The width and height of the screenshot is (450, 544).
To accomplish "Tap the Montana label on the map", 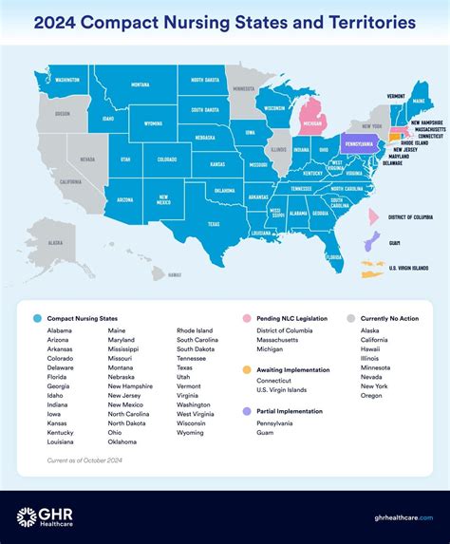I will tap(140, 84).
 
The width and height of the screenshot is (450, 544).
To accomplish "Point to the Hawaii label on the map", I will tap(174, 274).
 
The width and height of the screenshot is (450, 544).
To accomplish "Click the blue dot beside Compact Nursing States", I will tap(36, 318).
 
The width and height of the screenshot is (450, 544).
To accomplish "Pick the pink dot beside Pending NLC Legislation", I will tap(247, 318).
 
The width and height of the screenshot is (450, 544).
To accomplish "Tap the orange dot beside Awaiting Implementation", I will tap(247, 366).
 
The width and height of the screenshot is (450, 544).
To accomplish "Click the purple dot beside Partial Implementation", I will tap(247, 410).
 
